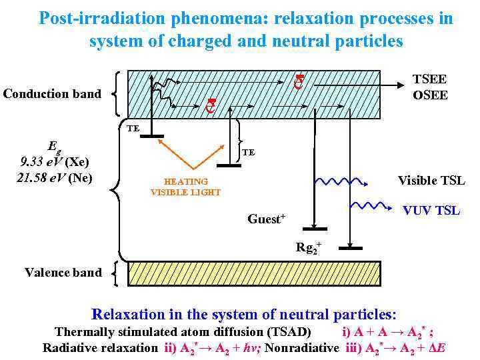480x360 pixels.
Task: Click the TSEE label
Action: [x=430, y=79]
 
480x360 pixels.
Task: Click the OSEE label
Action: [x=430, y=95]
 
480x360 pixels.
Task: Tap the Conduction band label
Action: [x=52, y=94]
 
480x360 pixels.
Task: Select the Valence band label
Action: [x=63, y=272]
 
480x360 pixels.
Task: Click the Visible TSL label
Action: [x=431, y=181]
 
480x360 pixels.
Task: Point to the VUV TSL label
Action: [x=431, y=211]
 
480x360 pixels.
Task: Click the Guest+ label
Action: [x=266, y=219]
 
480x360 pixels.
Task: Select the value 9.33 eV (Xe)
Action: [x=55, y=162]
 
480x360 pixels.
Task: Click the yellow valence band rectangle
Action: [x=253, y=273]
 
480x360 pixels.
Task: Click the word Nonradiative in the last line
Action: [x=301, y=347]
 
